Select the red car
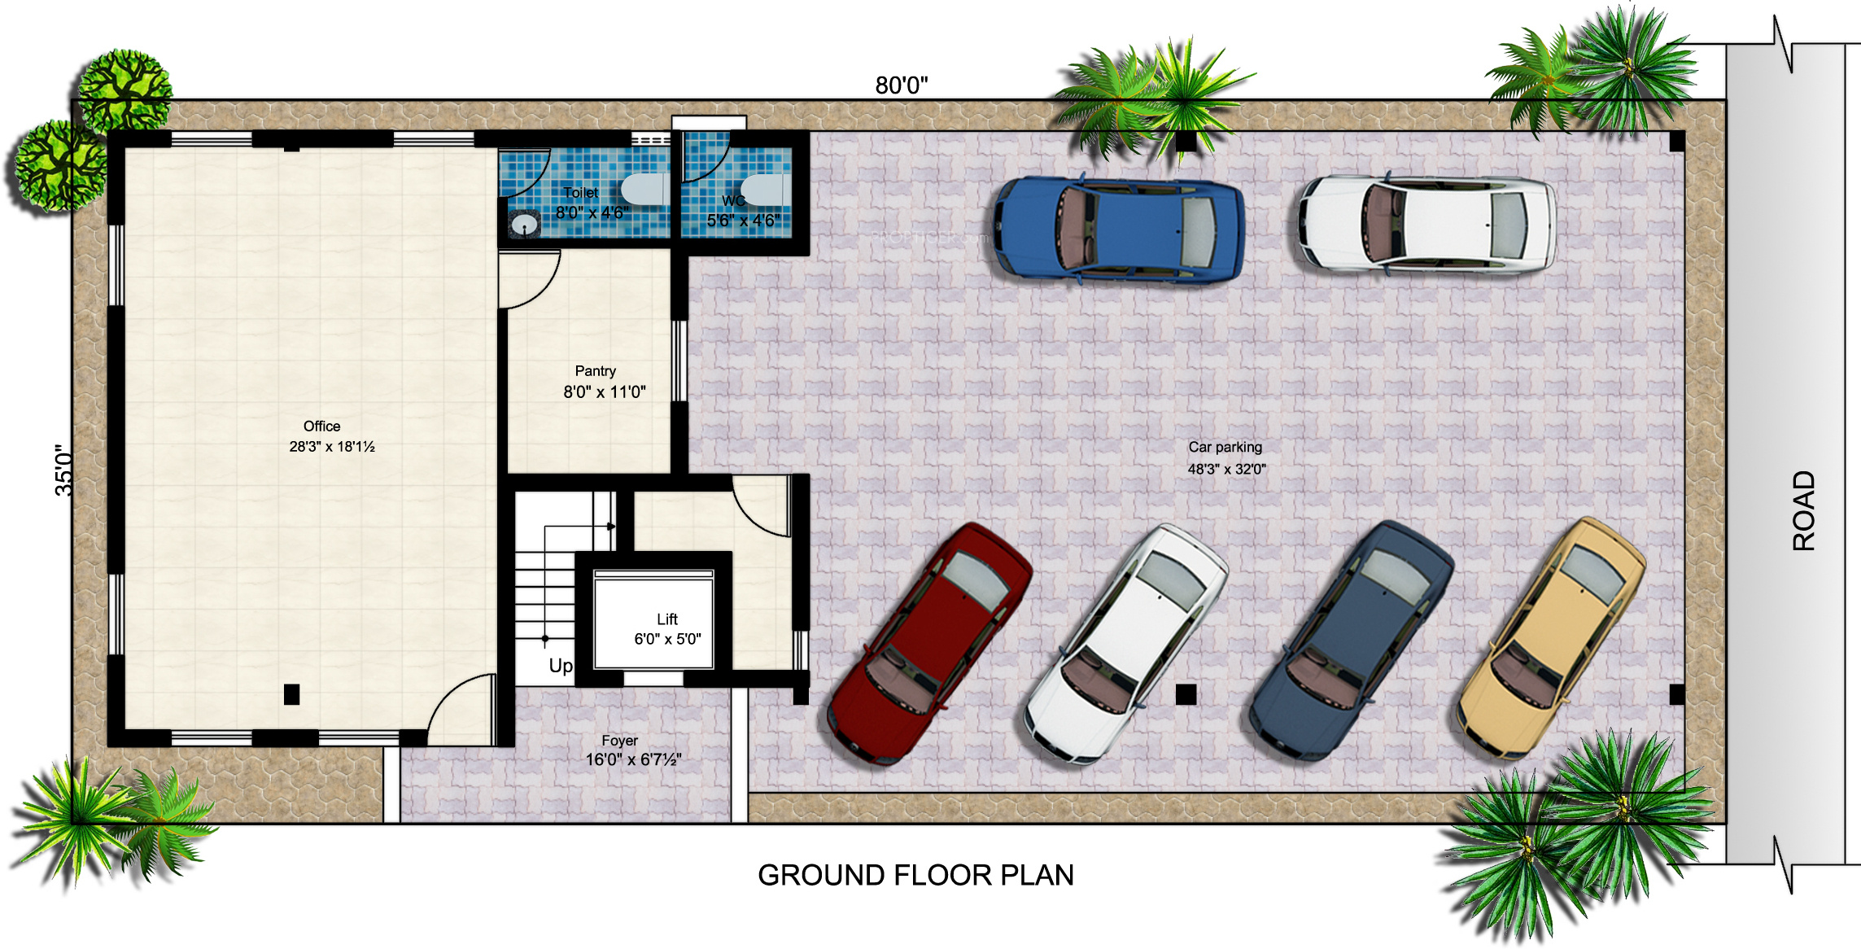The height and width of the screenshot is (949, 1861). [x=929, y=643]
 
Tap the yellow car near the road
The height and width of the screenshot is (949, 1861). [x=1551, y=638]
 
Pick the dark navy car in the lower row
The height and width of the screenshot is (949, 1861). [x=1351, y=641]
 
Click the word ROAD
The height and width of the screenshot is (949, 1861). [x=1804, y=510]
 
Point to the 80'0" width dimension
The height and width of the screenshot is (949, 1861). [x=902, y=85]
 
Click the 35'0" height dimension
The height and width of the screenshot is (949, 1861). [x=63, y=470]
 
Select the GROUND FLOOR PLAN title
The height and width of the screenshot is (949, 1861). [x=916, y=875]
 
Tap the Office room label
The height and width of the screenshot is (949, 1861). [x=321, y=426]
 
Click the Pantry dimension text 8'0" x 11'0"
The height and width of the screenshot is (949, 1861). [x=605, y=391]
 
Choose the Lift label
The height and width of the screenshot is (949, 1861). [x=667, y=619]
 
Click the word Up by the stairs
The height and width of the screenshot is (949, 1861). [x=561, y=666]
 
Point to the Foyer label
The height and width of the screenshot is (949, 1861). [x=619, y=741]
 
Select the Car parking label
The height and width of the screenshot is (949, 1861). [x=1225, y=447]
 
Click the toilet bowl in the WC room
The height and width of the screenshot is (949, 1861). [x=762, y=190]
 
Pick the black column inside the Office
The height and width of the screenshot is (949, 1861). [x=291, y=694]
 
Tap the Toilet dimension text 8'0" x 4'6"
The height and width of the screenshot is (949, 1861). [x=592, y=212]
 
